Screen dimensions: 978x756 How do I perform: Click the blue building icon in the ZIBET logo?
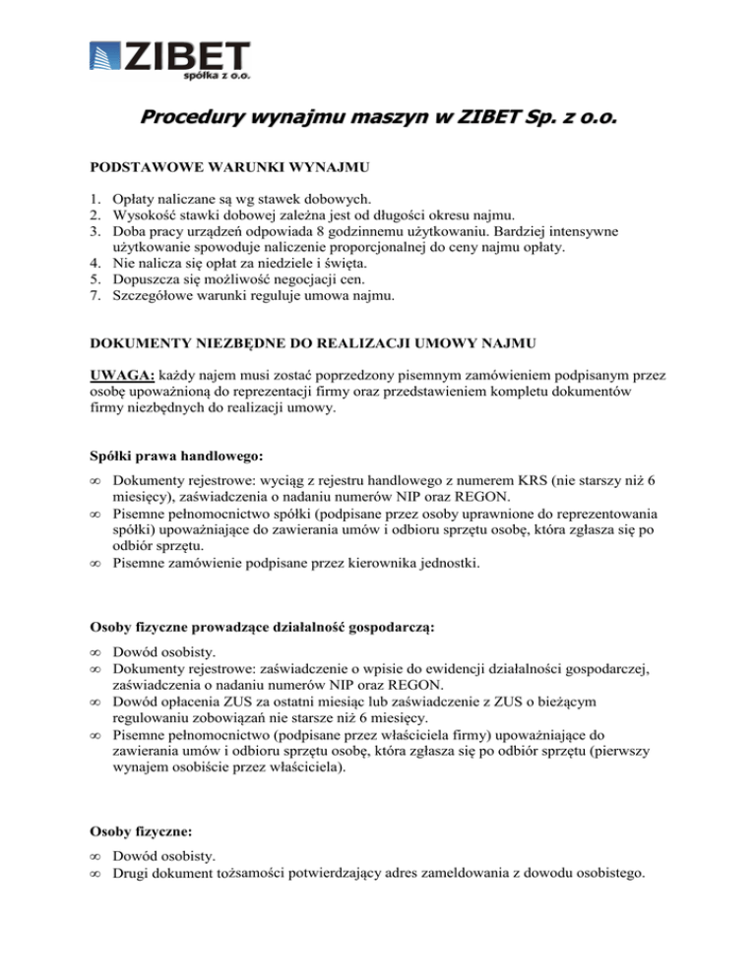(103, 58)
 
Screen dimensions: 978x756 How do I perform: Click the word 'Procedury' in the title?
(191, 119)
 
